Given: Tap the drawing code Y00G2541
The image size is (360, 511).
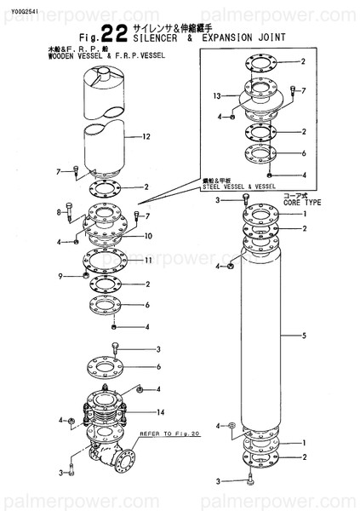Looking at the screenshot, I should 19,11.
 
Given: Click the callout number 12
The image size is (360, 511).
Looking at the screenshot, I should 146,137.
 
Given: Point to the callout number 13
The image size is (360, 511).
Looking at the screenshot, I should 215,95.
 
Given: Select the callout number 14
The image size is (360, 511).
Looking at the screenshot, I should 159,412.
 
